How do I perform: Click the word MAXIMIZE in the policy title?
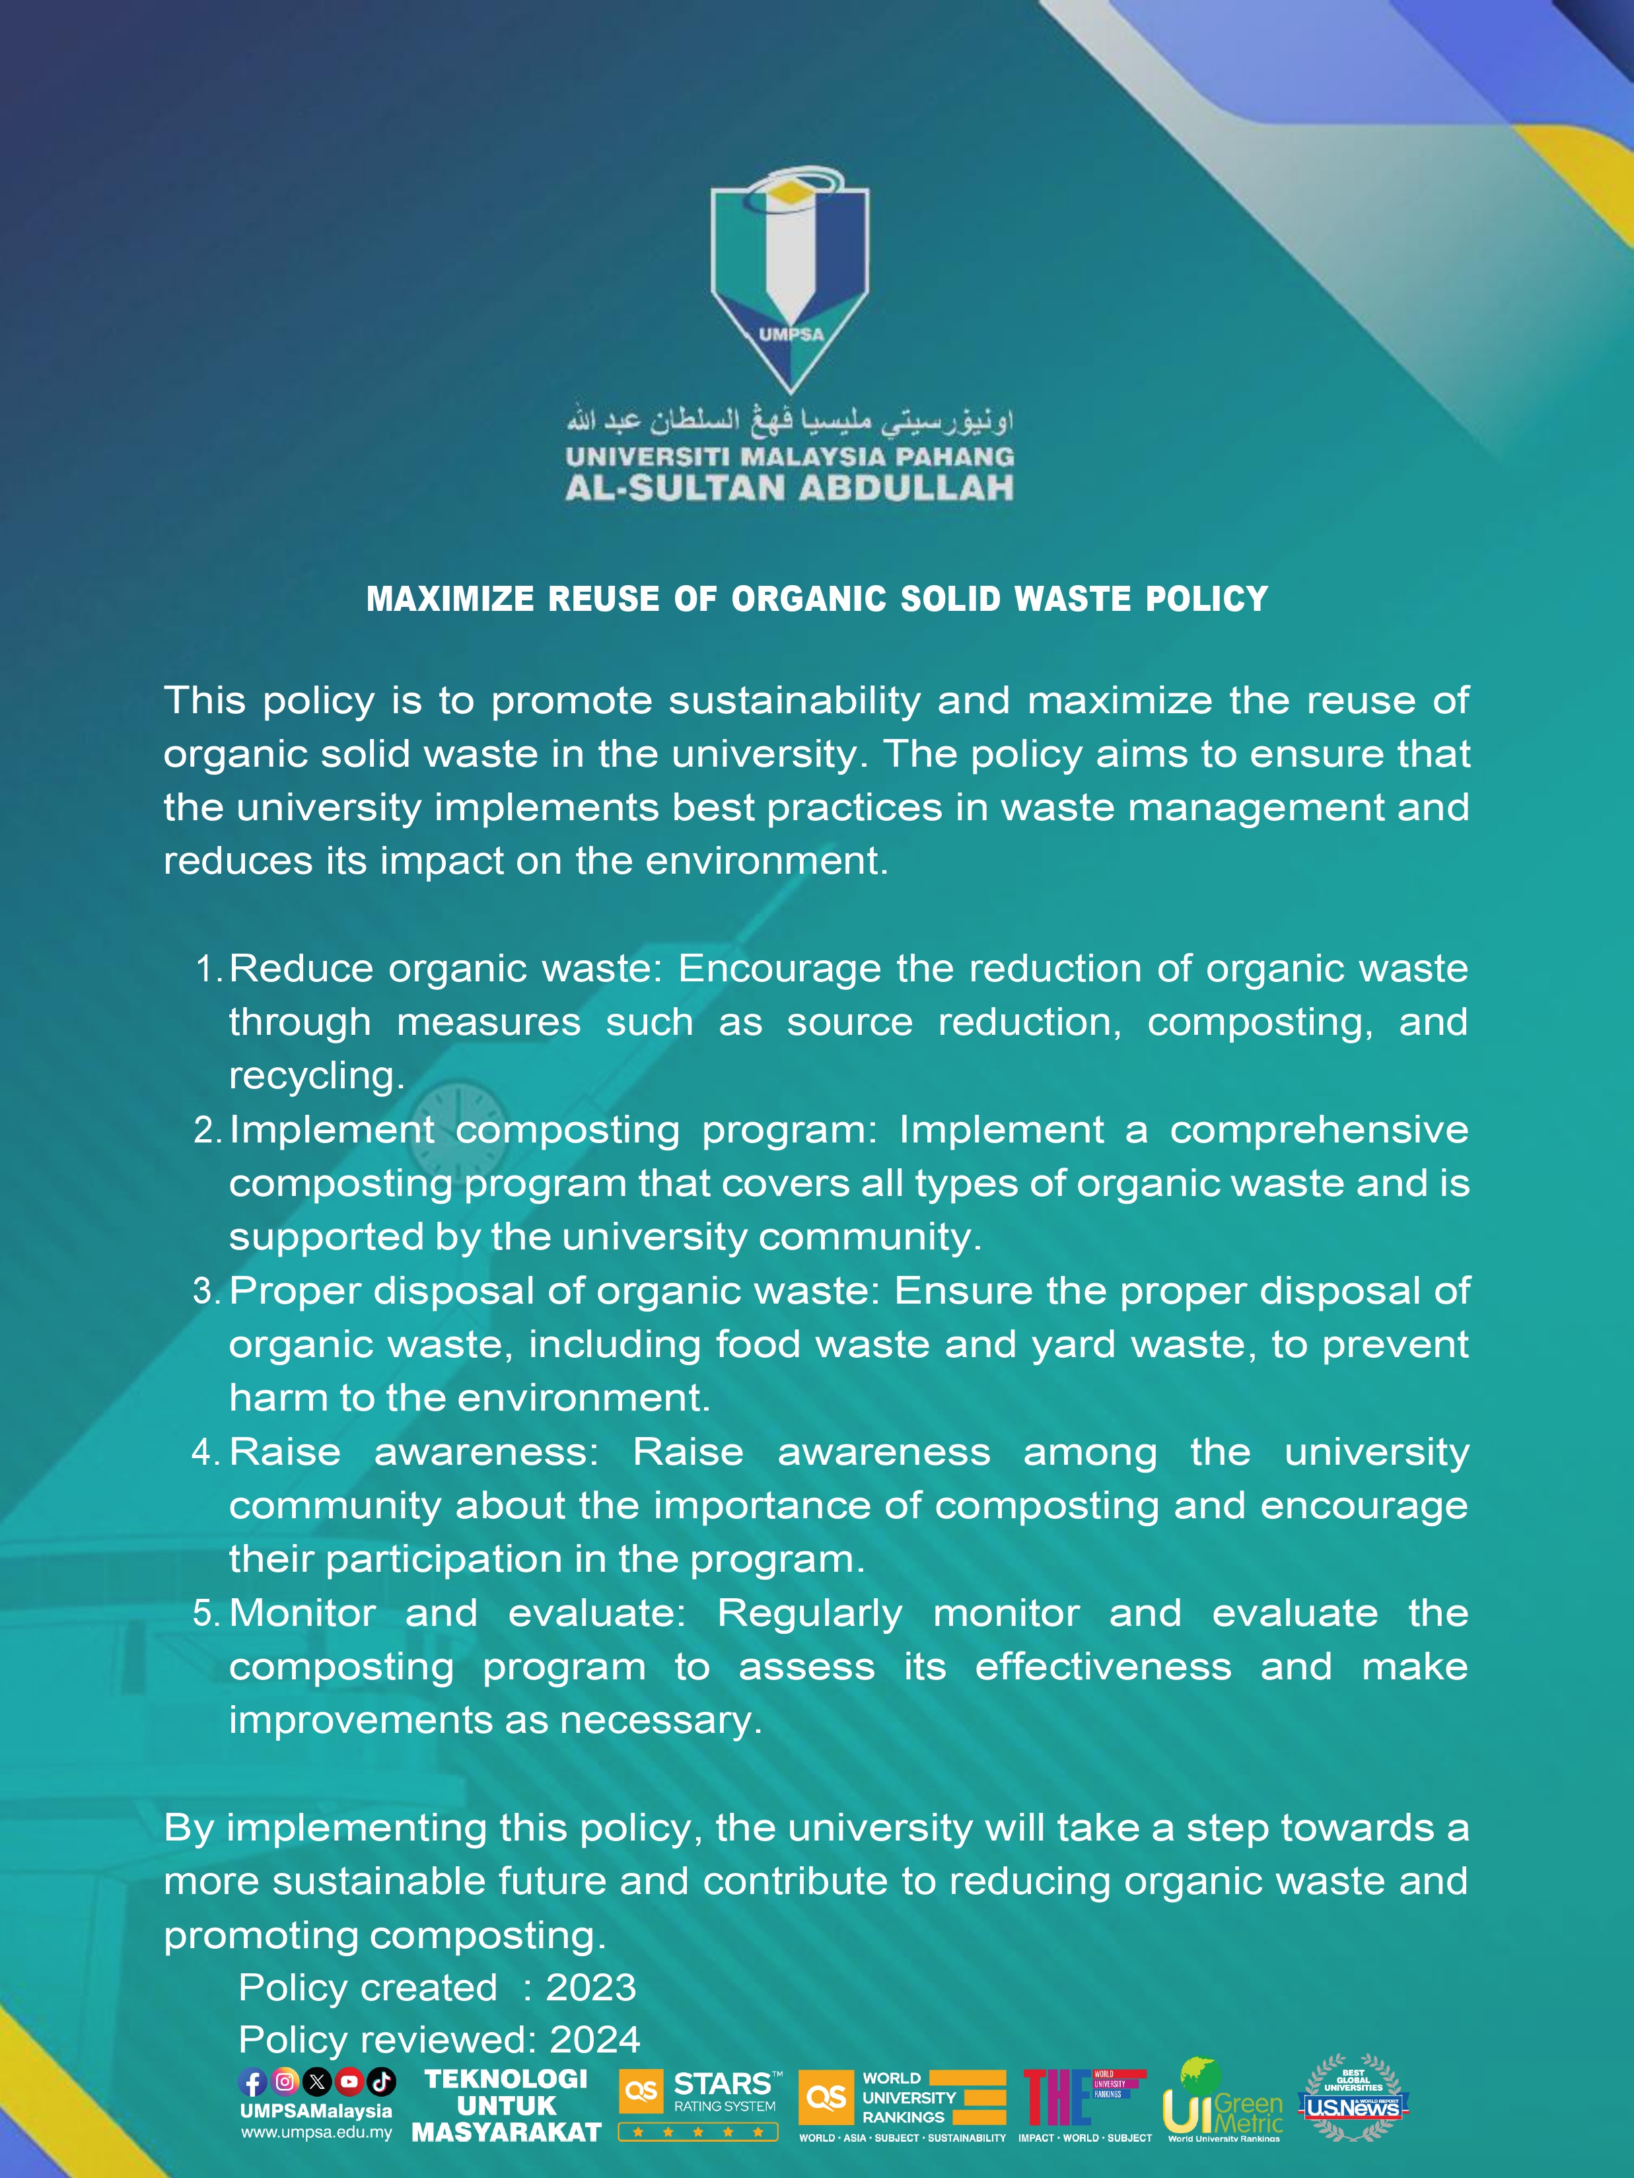point(450,599)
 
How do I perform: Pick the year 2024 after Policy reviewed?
point(595,2039)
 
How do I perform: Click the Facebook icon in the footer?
point(253,2082)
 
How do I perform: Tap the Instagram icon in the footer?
point(285,2082)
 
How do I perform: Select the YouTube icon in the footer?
point(349,2082)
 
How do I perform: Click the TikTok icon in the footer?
point(381,2082)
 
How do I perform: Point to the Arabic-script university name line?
point(790,421)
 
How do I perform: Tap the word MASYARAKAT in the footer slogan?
point(507,2132)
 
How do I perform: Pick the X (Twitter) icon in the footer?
point(316,2082)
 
